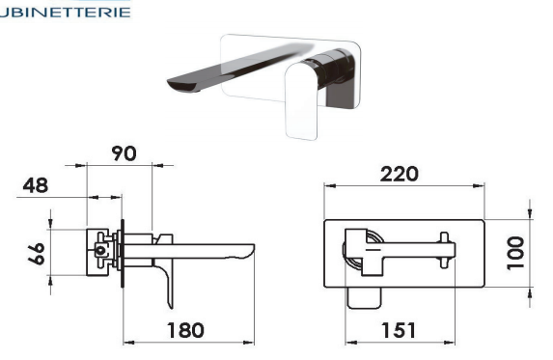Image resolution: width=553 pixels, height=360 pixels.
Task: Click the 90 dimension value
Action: pos(124,153)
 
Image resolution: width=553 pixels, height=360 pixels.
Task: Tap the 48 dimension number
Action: pos(36,185)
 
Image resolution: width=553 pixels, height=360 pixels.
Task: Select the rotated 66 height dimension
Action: pos(37,254)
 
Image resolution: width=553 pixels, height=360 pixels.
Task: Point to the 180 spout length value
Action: pos(185,330)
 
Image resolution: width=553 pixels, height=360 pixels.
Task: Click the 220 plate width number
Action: pos(400,174)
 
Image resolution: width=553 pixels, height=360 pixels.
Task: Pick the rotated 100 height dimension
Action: pos(515,253)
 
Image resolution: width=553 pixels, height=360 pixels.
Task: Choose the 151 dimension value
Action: pos(399,330)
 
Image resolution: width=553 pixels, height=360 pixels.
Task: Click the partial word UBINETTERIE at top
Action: pos(66,13)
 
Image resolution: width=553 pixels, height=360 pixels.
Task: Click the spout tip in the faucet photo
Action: pos(181,86)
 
